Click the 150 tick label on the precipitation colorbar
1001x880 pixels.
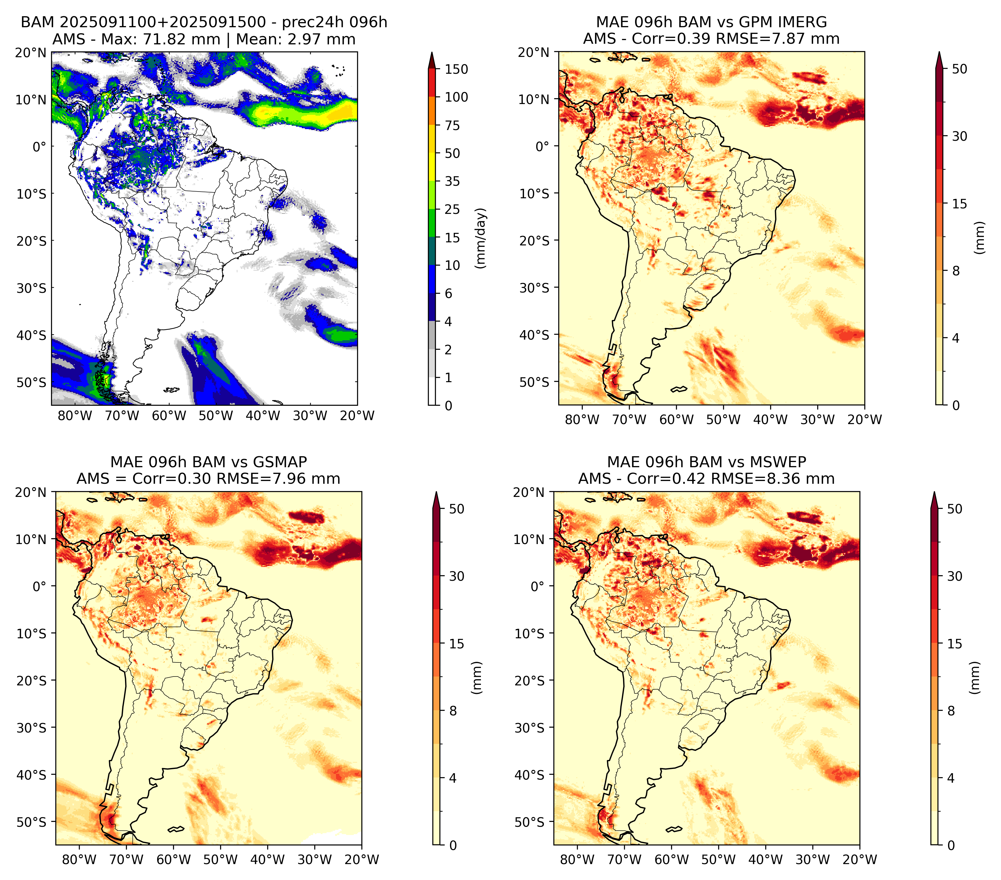(x=456, y=69)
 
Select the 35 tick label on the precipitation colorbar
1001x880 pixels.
(x=452, y=181)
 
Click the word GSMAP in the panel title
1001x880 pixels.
(x=280, y=462)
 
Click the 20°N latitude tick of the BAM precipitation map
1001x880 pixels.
(x=31, y=52)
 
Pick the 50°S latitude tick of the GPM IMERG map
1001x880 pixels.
(x=535, y=382)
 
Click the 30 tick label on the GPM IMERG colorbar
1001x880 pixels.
(x=959, y=136)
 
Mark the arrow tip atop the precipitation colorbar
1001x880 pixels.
(x=431, y=52)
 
